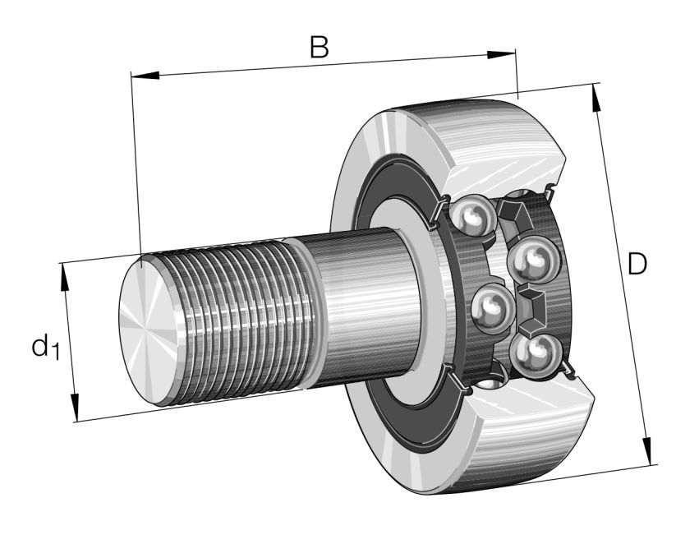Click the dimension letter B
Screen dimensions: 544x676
(x=320, y=46)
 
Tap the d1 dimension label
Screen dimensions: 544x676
(x=46, y=347)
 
